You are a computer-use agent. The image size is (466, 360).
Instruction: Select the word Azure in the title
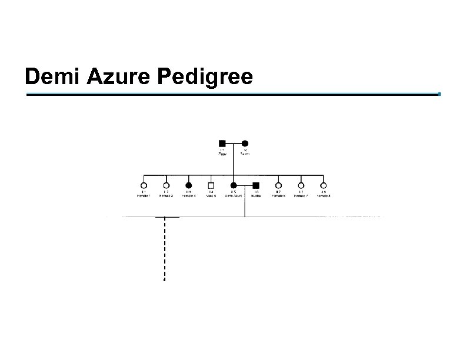tap(112, 77)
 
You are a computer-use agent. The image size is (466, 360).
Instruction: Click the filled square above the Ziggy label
tap(222, 143)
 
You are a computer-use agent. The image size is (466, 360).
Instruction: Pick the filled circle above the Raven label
tap(245, 143)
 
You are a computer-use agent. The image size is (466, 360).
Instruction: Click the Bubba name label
tap(256, 196)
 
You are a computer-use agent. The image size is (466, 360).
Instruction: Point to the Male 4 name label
tap(211, 196)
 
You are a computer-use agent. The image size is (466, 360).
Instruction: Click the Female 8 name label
tap(323, 196)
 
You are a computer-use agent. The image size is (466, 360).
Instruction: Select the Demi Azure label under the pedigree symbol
tap(234, 196)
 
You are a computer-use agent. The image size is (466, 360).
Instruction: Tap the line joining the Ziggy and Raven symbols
tap(234, 143)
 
